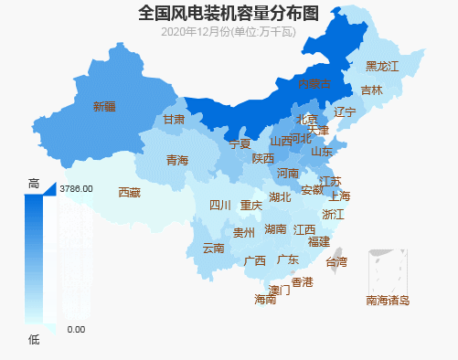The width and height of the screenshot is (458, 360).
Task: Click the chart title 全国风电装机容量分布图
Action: coord(229,13)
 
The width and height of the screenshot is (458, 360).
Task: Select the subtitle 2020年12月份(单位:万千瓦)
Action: coord(229,32)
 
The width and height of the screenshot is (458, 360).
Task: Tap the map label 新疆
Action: coord(105,107)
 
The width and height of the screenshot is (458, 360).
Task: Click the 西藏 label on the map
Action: coord(130,193)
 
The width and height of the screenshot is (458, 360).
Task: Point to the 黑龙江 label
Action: coord(382,67)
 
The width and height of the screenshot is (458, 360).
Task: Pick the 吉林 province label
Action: coord(371,90)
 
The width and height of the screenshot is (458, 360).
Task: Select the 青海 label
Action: coord(177,161)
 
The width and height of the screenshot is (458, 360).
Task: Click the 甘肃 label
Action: coord(174,120)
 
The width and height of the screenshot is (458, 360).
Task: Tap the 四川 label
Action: coord(220,206)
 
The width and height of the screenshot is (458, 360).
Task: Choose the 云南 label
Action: coord(213,249)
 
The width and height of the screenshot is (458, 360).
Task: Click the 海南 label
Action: coord(265,300)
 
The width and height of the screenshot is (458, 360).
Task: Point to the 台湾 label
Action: coord(336,262)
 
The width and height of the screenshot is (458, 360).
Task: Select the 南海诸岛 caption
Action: coord(388,300)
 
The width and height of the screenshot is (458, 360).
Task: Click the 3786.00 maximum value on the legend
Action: coord(76,188)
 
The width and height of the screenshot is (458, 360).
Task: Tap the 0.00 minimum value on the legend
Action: coord(76,329)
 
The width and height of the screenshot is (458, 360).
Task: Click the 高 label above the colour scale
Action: coord(34,183)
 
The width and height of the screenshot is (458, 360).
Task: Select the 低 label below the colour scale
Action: coord(34,340)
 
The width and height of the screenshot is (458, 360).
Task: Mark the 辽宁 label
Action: coord(345,112)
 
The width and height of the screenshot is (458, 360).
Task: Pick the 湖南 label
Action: coord(275,229)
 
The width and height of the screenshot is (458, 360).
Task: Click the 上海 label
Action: coord(339,196)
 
